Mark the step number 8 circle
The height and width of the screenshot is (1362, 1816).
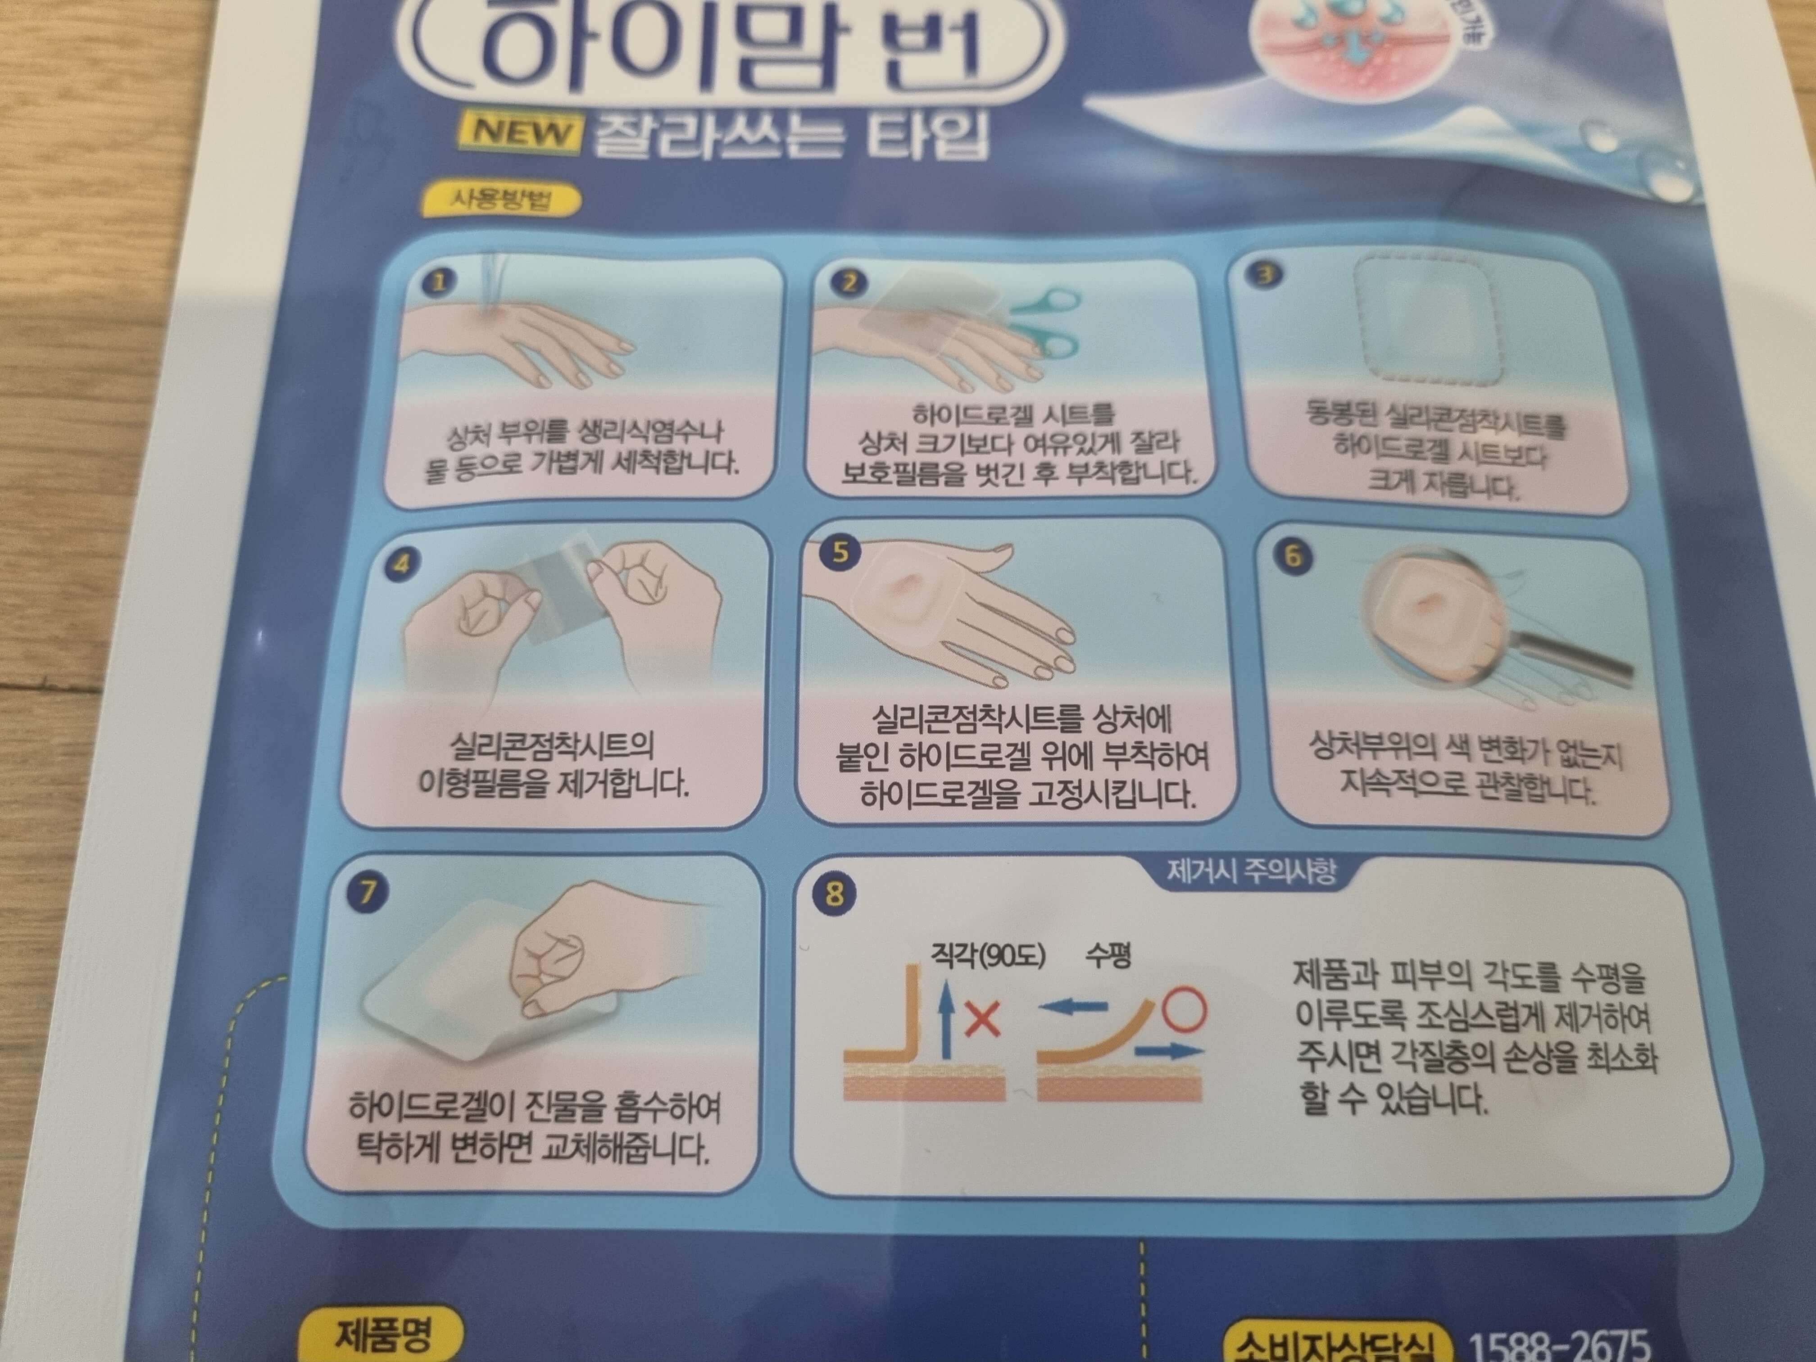[834, 893]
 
